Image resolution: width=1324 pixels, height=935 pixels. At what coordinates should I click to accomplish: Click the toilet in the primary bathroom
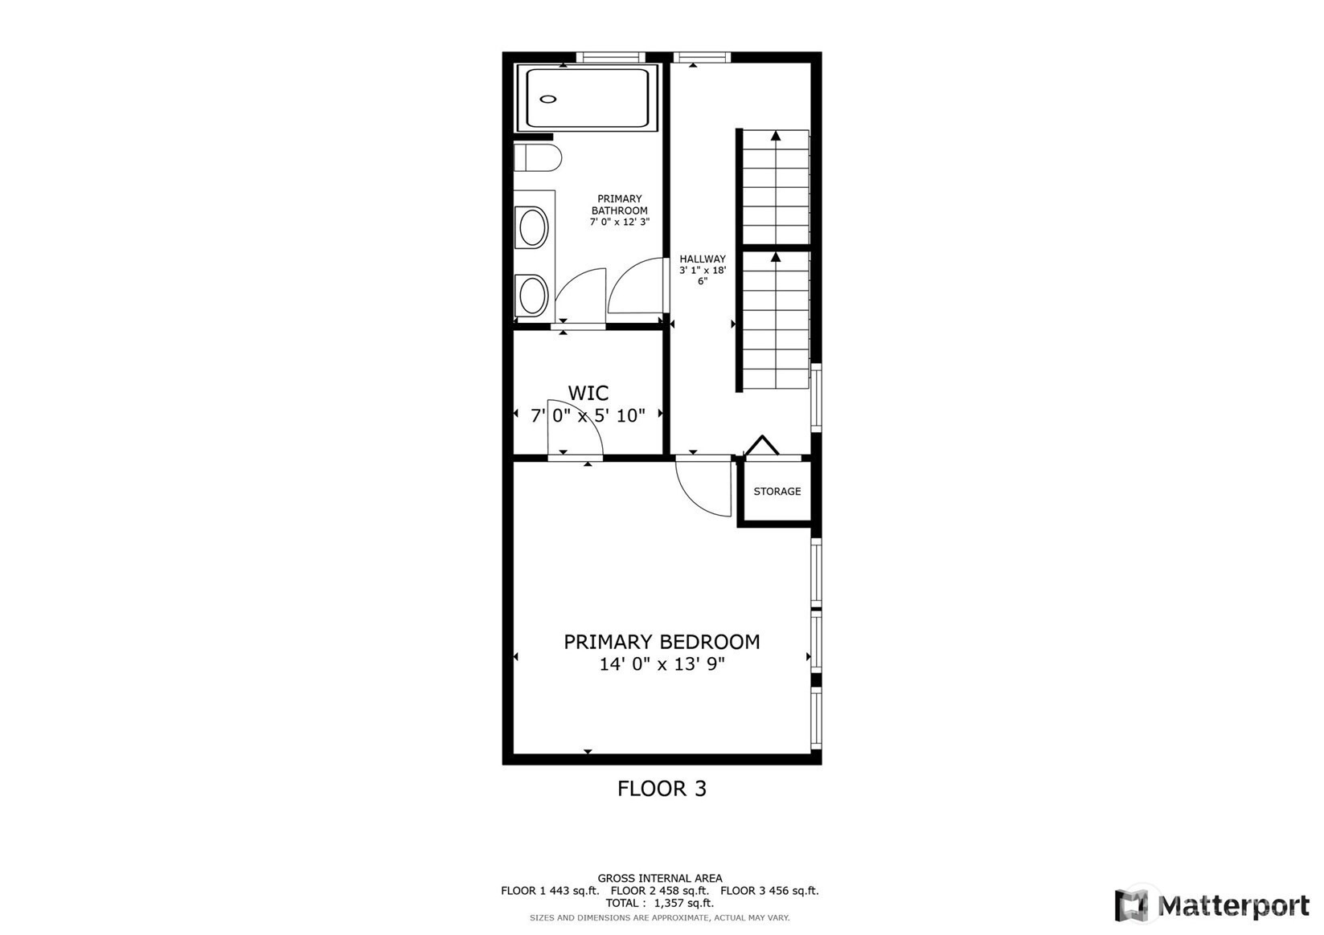pos(537,157)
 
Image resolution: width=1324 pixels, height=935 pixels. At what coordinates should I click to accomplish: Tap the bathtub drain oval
pos(548,100)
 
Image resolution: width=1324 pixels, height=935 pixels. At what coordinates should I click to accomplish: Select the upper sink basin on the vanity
pos(532,227)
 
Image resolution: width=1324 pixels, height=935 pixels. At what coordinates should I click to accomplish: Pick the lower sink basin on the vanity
pos(532,296)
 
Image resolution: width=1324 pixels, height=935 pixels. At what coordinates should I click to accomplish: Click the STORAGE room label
pos(777,492)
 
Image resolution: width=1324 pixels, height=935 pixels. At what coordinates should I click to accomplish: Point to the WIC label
pos(588,393)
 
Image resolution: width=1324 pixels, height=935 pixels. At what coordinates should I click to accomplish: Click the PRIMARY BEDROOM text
pos(662,642)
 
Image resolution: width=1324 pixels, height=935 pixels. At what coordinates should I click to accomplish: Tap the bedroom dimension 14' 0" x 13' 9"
pos(662,664)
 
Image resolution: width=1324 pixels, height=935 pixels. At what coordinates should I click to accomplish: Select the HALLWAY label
pos(702,259)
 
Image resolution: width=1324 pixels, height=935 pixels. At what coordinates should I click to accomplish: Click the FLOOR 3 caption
pos(662,789)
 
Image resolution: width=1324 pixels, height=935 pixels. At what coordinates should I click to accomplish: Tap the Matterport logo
pos(1212,905)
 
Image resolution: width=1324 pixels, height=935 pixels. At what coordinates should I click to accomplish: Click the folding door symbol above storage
pos(762,445)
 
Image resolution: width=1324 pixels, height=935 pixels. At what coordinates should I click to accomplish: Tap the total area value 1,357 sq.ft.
pos(684,903)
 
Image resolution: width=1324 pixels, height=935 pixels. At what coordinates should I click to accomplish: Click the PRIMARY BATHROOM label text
pos(620,204)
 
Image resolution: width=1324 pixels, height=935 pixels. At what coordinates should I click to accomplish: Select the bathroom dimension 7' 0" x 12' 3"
pos(620,222)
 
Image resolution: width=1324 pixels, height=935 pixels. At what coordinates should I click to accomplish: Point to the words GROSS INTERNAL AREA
pos(660,878)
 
